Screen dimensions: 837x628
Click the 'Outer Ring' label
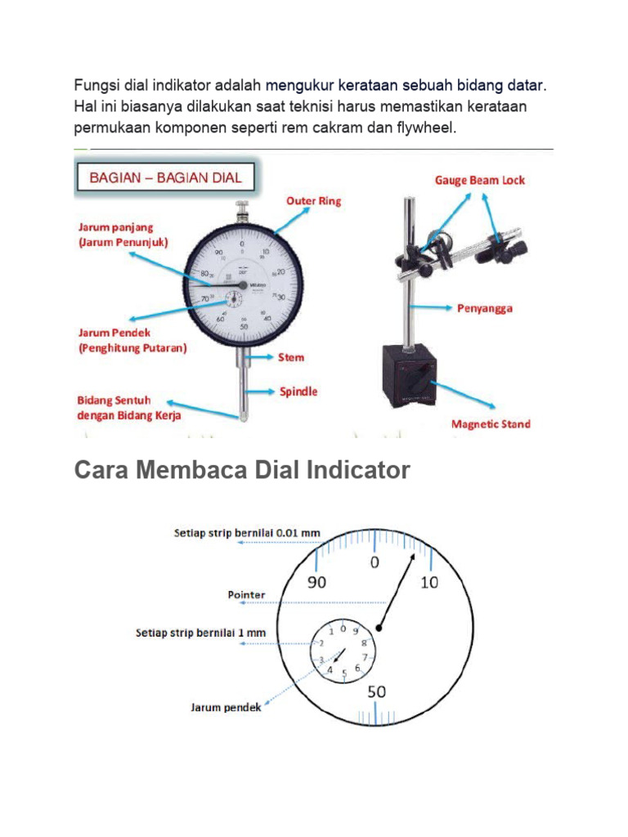313,200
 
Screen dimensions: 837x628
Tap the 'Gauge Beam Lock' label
479,180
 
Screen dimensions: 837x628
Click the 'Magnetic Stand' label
491,423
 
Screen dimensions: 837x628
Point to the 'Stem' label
291,357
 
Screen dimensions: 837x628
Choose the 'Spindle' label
298,392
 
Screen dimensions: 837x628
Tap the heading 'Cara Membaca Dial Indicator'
242,471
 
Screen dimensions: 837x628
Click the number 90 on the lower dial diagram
316,582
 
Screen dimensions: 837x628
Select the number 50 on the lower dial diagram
376,692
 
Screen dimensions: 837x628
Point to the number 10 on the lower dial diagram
429,582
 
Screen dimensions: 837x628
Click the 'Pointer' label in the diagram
246,595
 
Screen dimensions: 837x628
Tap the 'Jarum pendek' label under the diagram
226,707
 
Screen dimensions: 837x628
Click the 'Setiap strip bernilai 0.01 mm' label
247,533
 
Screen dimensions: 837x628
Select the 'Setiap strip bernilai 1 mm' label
200,633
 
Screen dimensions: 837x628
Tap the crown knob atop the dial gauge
242,208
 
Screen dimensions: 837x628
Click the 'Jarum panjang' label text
115,227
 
